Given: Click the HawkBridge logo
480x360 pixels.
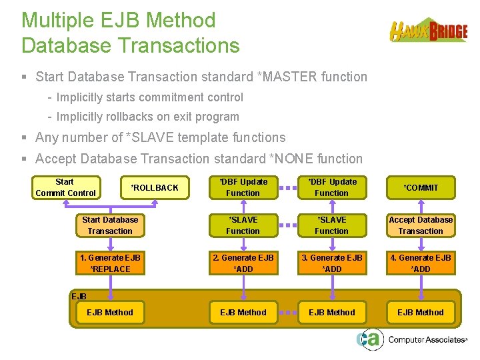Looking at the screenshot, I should pyautogui.click(x=428, y=31).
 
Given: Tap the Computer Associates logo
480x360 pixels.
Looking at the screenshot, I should pyautogui.click(x=411, y=339).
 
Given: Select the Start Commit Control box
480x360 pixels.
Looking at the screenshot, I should pyautogui.click(x=66, y=187).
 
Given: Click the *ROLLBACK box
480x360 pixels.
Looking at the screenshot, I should pyautogui.click(x=154, y=187).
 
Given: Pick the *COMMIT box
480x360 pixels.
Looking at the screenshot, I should pyautogui.click(x=421, y=187).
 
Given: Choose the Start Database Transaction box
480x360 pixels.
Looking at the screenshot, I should pyautogui.click(x=110, y=225).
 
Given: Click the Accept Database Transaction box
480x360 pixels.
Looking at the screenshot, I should pyautogui.click(x=421, y=225).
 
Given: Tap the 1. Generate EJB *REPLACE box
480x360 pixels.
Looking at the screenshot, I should pyautogui.click(x=110, y=263).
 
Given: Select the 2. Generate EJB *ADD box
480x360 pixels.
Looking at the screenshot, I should pyautogui.click(x=243, y=263).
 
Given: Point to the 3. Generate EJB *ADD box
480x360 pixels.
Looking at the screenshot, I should pyautogui.click(x=331, y=263).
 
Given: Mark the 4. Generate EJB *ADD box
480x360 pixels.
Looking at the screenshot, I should pyautogui.click(x=421, y=263).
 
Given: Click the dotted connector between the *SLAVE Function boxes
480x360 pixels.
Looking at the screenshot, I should pyautogui.click(x=287, y=225).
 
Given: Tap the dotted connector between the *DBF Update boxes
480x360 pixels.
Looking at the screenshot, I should pyautogui.click(x=287, y=187).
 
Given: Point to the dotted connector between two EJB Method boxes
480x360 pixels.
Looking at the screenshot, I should pyautogui.click(x=287, y=312).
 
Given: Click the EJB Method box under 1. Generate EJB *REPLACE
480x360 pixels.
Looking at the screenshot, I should pyautogui.click(x=110, y=312).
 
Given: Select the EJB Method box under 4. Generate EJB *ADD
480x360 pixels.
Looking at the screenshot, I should pyautogui.click(x=421, y=312).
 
